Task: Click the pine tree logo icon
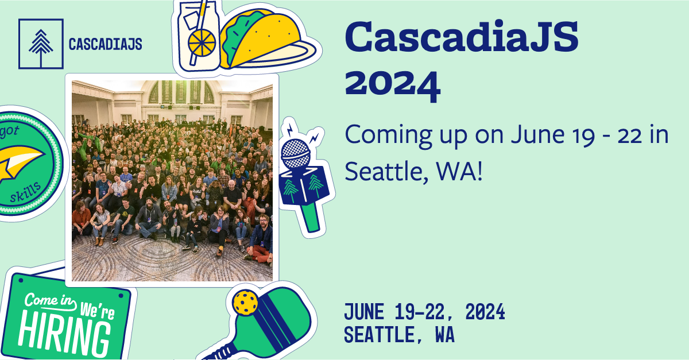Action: [x=40, y=44]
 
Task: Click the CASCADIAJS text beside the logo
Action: [x=105, y=44]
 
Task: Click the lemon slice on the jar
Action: [x=203, y=42]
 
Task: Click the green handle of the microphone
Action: [x=311, y=218]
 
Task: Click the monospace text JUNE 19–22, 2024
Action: [x=424, y=313]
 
